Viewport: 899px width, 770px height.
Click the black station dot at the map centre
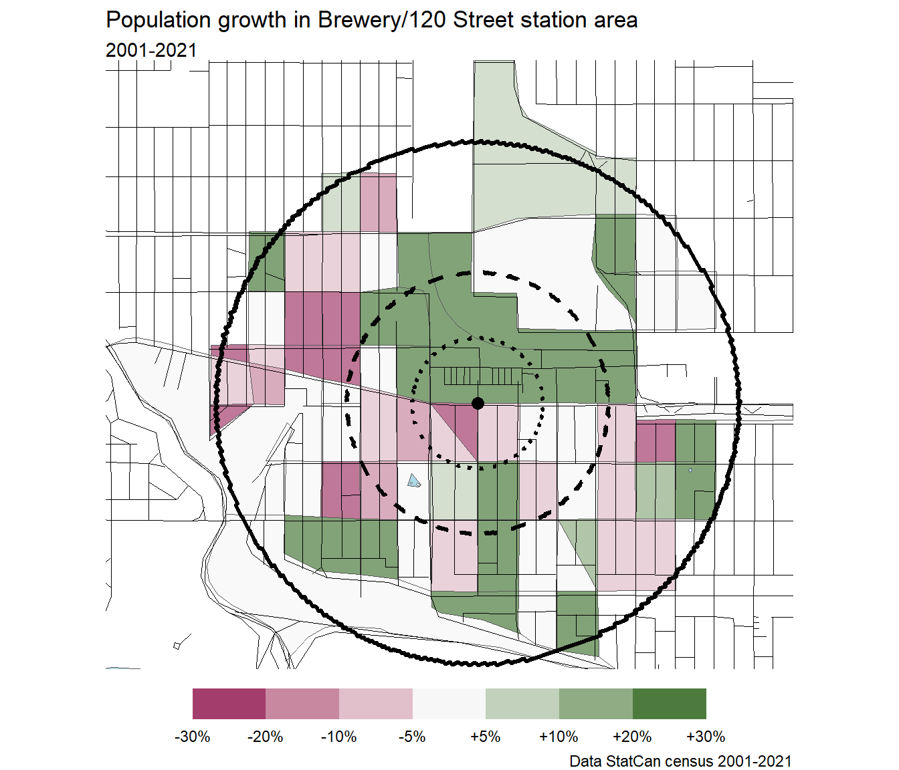[x=478, y=403]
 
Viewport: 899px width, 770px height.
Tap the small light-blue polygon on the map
[x=414, y=481]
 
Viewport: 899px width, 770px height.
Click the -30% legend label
[x=193, y=737]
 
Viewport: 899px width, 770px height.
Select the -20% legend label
[x=266, y=737]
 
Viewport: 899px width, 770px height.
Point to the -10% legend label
[x=339, y=737]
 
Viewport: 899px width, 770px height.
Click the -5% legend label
[x=412, y=737]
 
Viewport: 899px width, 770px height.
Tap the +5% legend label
[x=486, y=737]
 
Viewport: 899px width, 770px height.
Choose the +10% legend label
[x=559, y=737]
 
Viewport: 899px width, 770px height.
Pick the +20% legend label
[x=632, y=737]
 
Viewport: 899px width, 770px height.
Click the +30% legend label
[x=706, y=737]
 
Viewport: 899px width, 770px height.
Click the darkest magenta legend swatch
[x=229, y=704]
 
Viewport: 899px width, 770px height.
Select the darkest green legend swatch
[x=670, y=704]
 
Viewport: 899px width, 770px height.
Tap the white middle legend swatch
[x=449, y=704]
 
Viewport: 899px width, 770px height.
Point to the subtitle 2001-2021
[x=151, y=50]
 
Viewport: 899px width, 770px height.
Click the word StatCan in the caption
[x=639, y=761]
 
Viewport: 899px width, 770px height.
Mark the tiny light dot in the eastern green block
[x=690, y=470]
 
